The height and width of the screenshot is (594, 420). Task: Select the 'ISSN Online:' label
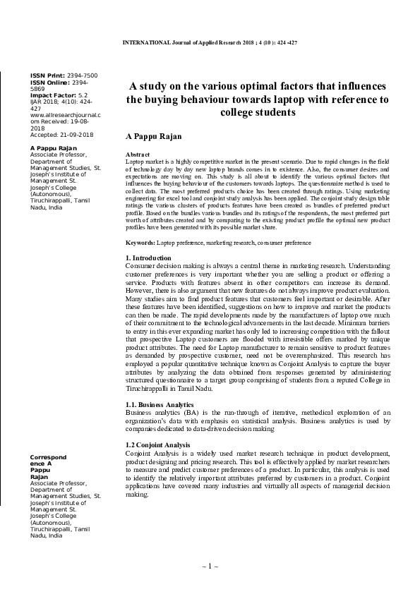(47, 81)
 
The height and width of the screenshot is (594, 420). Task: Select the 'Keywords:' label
(140, 223)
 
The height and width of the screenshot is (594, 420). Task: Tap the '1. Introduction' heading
(148, 238)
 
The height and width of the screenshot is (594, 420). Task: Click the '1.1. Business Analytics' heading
(154, 404)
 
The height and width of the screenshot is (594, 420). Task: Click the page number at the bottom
(210, 566)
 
